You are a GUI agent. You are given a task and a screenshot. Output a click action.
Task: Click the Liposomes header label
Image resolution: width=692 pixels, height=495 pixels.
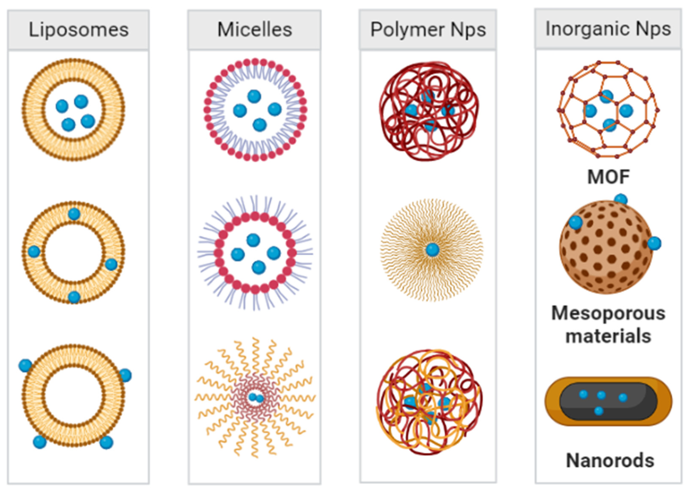click(x=79, y=30)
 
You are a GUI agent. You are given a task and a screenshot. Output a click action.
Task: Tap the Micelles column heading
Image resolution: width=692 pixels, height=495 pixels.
click(x=254, y=30)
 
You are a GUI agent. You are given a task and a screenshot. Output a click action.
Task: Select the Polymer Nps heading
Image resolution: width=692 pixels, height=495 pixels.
click(x=428, y=30)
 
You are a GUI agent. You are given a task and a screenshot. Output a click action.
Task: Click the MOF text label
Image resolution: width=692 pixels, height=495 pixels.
click(x=608, y=177)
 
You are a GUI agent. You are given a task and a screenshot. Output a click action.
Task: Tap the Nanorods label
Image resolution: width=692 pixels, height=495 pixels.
click(x=610, y=460)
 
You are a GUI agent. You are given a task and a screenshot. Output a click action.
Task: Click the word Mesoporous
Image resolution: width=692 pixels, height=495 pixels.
click(x=608, y=313)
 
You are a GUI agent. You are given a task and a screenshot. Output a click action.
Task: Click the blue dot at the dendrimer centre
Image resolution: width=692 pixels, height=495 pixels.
click(x=432, y=250)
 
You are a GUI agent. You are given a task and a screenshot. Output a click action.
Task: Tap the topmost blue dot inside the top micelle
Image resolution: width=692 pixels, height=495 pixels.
click(x=254, y=96)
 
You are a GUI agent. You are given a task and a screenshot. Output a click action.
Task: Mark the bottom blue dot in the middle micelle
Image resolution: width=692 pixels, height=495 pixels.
click(x=258, y=267)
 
